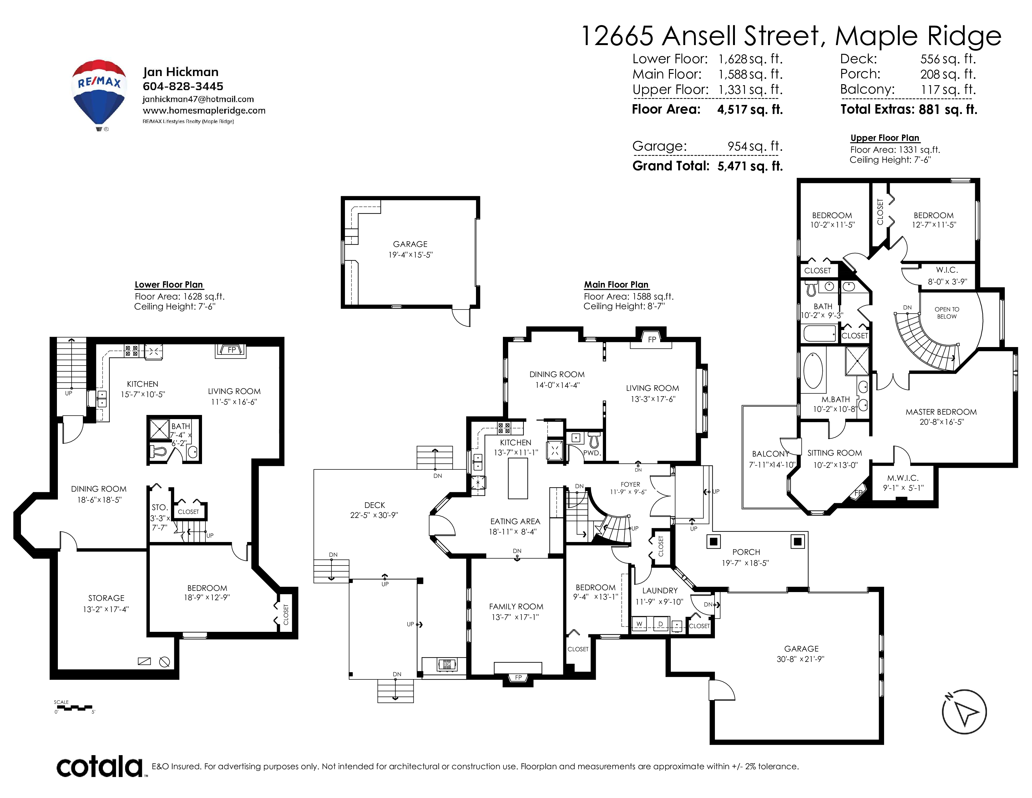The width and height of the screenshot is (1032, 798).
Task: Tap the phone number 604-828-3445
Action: click(183, 86)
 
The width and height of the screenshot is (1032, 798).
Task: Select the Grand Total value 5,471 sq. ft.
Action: click(750, 166)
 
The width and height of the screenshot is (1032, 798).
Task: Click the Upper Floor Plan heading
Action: click(885, 138)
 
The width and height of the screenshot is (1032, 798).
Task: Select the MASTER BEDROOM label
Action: click(941, 412)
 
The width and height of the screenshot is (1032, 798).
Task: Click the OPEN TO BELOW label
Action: click(947, 313)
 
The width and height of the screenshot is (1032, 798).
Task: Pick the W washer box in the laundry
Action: click(639, 624)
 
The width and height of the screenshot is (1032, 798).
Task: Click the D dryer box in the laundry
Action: click(660, 624)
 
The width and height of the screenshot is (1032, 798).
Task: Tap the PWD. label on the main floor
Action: click(592, 453)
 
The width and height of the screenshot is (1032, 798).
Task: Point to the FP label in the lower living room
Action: click(231, 350)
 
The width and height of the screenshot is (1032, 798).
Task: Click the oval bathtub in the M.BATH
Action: click(813, 370)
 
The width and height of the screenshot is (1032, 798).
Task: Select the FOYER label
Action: click(630, 484)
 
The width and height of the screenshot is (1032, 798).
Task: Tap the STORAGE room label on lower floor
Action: click(106, 598)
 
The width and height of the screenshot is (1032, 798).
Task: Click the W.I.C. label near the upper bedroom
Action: click(947, 270)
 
